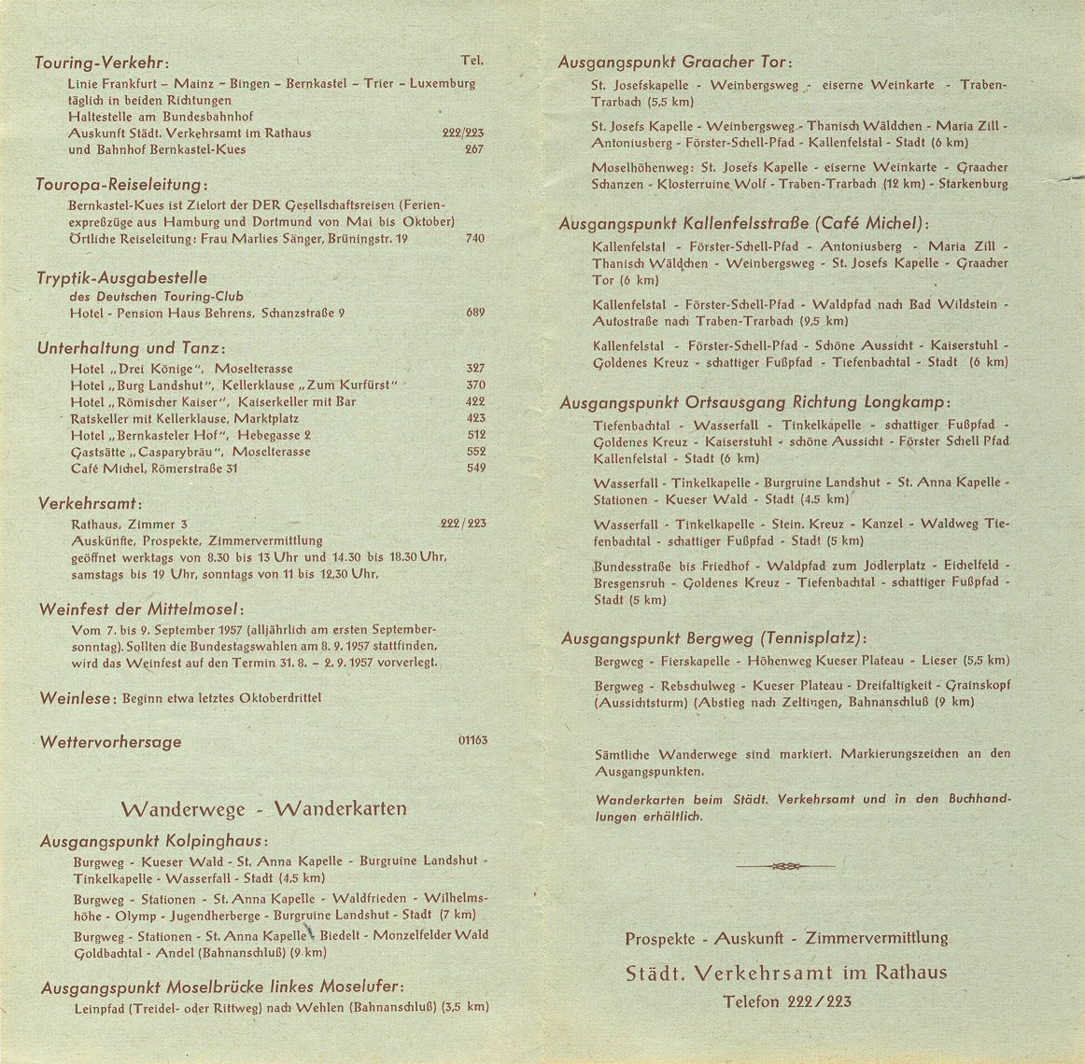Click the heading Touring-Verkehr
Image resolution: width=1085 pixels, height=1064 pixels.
coord(101,63)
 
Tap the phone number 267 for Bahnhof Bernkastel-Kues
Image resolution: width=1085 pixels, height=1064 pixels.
coord(474,149)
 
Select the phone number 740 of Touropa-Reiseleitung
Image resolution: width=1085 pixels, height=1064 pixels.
coord(474,239)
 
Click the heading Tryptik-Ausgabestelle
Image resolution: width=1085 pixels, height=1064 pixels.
coord(121,278)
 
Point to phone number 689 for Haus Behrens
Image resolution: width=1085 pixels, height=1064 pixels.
coord(475,313)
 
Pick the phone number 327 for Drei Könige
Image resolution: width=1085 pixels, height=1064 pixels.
coord(475,369)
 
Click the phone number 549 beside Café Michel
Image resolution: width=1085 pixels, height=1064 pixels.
coord(475,469)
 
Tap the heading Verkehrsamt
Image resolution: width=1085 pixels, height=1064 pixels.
coord(90,503)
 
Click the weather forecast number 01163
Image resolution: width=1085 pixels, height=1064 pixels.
coord(472,741)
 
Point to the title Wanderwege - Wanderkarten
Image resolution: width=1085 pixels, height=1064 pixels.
coord(263,808)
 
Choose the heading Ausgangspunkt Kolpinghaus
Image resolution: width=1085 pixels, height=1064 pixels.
coord(151,841)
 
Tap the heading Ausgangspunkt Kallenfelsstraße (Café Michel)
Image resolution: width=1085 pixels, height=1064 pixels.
coord(744,224)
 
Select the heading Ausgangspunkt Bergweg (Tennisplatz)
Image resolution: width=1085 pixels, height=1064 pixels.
coord(713,638)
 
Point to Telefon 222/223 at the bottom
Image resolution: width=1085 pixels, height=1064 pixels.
coord(786,1001)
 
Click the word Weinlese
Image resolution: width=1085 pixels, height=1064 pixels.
coord(77,698)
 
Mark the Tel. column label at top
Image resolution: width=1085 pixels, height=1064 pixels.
coord(472,61)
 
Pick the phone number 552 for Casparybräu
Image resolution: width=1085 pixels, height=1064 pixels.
coord(475,452)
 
